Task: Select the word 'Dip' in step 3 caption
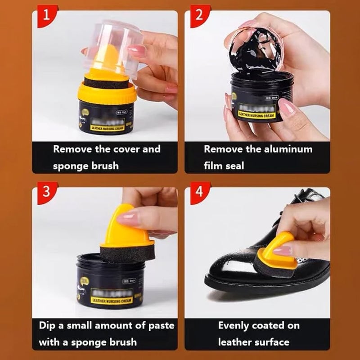click(48, 325)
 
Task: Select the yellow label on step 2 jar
click(256, 114)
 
